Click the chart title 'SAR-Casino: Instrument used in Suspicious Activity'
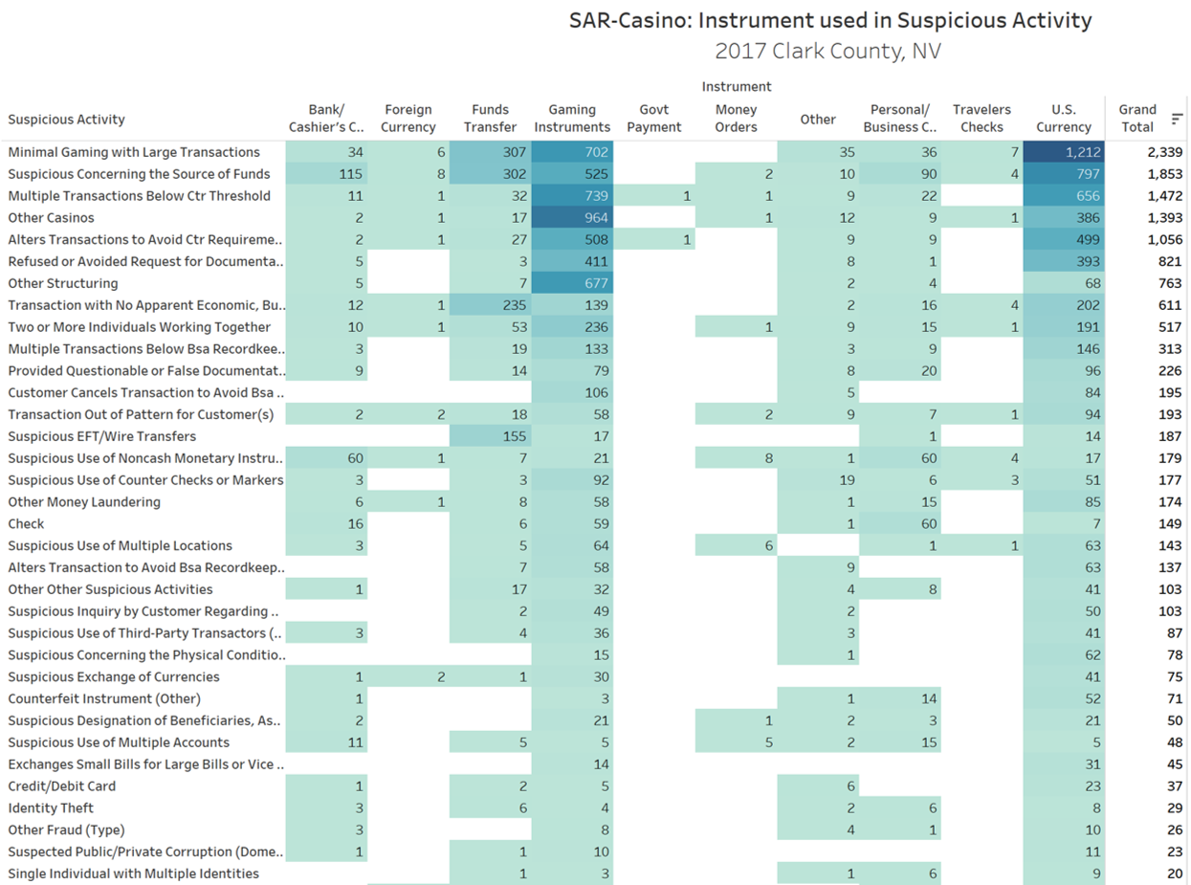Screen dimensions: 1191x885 point(830,20)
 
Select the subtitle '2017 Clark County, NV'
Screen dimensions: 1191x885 point(827,51)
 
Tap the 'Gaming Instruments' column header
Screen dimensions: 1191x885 point(572,118)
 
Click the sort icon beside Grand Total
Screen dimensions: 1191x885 point(1177,118)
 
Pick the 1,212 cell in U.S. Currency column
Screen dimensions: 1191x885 point(1064,152)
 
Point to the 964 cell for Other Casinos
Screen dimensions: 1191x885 point(572,217)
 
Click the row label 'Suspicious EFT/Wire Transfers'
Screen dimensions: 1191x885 point(102,436)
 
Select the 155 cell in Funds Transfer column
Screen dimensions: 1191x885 point(490,436)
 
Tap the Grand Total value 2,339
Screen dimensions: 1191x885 point(1164,152)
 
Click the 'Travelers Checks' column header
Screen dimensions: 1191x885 point(981,118)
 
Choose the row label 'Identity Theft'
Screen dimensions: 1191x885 point(51,808)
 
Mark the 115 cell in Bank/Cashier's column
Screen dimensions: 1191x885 point(326,174)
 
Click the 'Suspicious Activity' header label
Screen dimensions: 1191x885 point(66,120)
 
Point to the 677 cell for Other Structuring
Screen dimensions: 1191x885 point(572,283)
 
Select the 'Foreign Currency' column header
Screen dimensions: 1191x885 point(408,118)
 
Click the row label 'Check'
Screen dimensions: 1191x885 point(26,523)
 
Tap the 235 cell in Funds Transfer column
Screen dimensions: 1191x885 point(490,305)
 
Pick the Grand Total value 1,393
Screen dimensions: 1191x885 point(1164,217)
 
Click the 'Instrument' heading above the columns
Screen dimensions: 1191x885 point(737,86)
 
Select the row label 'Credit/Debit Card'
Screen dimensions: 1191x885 point(62,786)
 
